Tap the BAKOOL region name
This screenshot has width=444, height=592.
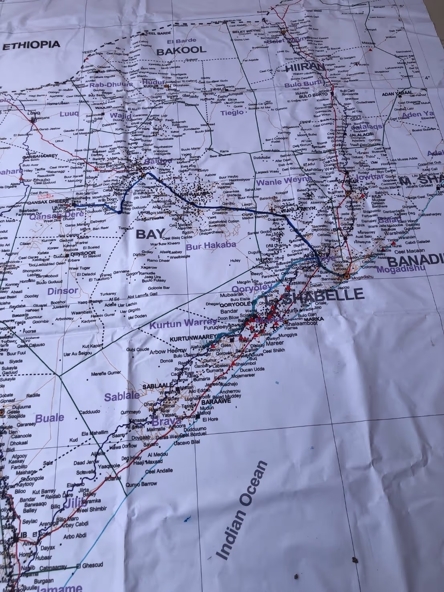click(181, 51)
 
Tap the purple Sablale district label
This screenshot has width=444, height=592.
click(122, 396)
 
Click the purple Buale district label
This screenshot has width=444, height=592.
click(50, 418)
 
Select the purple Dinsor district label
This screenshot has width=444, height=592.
click(63, 291)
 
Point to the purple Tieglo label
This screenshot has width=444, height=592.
click(232, 113)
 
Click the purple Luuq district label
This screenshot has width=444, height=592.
click(69, 114)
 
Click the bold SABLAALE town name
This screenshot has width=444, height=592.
click(158, 386)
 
